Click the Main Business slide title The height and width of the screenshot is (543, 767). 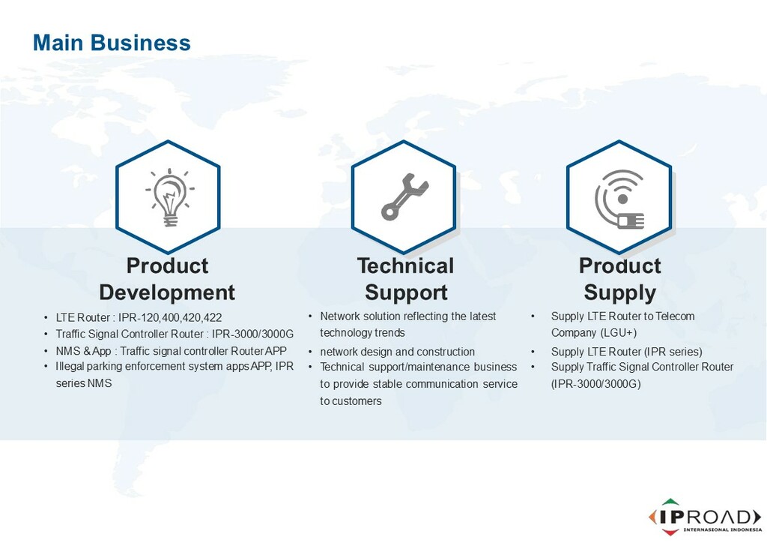[112, 43]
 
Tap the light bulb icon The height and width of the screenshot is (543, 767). [170, 196]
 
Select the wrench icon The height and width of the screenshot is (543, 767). [404, 196]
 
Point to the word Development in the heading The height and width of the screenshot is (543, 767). [167, 292]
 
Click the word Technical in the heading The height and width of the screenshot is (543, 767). [405, 265]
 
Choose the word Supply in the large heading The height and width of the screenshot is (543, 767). [619, 292]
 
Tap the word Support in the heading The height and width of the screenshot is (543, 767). [406, 292]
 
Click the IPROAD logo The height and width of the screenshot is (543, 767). [705, 517]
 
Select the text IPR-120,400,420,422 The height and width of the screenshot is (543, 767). [170, 318]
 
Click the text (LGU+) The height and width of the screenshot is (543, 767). [618, 333]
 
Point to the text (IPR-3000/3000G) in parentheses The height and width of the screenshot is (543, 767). [595, 384]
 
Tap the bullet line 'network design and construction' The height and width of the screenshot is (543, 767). [397, 352]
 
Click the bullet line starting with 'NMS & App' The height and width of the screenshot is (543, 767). [172, 351]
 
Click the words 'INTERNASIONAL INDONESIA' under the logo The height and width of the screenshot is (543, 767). [723, 529]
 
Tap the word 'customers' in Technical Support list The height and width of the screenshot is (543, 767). [357, 401]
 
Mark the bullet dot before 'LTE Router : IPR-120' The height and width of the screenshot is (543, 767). [46, 318]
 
